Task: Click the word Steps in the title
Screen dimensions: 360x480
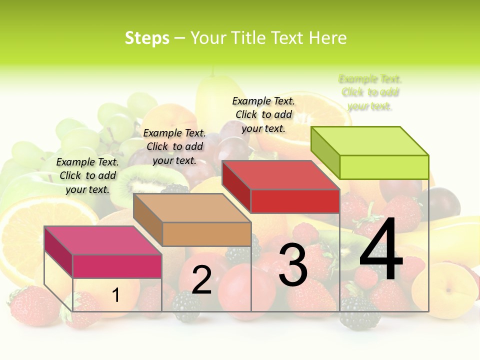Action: coord(147,38)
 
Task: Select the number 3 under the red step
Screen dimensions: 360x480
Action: coord(292,265)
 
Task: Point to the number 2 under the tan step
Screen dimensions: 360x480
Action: coord(201,280)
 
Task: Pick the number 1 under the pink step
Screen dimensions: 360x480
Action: coord(116,295)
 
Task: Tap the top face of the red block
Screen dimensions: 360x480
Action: coord(281,175)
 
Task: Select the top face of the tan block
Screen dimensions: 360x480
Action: coord(192,207)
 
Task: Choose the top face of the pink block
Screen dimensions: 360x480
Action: coord(103,240)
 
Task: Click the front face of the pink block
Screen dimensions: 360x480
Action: coord(117,266)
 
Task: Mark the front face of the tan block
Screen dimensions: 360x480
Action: coord(206,234)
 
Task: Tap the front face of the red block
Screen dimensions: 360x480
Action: coord(295,201)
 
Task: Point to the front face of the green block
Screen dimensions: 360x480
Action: coord(384,167)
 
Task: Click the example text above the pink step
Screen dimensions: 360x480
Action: coord(87,175)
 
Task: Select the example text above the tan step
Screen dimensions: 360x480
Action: coord(174,146)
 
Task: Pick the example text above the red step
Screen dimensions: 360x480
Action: coord(263,114)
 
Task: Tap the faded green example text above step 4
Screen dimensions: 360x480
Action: coord(370,92)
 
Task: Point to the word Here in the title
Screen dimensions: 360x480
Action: coord(328,38)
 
